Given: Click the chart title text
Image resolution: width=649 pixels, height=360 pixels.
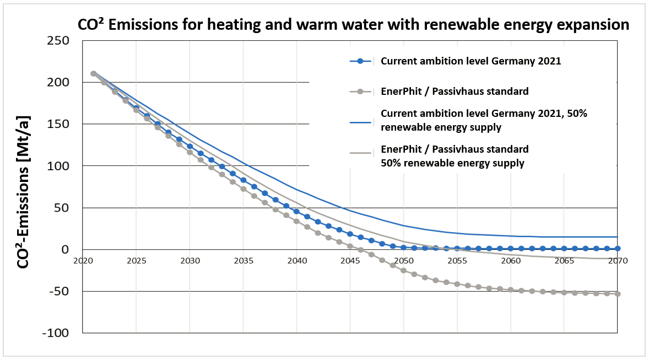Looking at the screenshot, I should click(x=353, y=25).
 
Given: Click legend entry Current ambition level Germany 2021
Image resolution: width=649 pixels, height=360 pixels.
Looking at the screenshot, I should click(x=471, y=61).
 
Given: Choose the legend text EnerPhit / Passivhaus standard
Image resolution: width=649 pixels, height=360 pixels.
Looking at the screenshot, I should click(x=455, y=90).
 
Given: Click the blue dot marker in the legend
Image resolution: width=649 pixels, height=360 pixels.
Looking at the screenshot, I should click(x=360, y=61).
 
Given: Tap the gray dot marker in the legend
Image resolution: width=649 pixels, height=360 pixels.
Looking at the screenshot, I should click(x=360, y=90).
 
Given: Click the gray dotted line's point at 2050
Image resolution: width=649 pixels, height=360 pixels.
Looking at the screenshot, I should click(x=403, y=271).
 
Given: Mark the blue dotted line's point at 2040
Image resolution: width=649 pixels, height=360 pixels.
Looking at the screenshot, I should click(x=296, y=212).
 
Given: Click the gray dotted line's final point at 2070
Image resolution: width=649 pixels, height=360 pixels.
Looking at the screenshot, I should click(x=618, y=294).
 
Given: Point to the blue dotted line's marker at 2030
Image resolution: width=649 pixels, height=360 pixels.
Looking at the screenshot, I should click(x=190, y=147).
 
